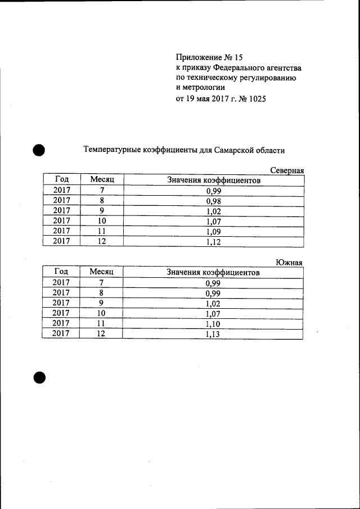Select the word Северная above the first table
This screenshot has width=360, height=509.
pos(287,170)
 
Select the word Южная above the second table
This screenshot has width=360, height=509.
pos(290,262)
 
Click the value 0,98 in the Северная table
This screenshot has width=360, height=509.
pos(213,201)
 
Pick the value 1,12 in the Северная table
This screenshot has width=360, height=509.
pos(213,241)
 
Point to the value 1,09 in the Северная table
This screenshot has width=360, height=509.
pos(213,231)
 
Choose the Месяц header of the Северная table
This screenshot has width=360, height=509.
pos(102,179)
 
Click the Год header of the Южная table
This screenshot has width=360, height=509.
pos(61,272)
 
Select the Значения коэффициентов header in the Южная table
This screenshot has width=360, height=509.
pos(213,272)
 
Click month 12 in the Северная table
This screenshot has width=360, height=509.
pos(102,241)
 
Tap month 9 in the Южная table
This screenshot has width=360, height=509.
pos(102,303)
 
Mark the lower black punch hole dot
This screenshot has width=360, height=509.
pos(38,377)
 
